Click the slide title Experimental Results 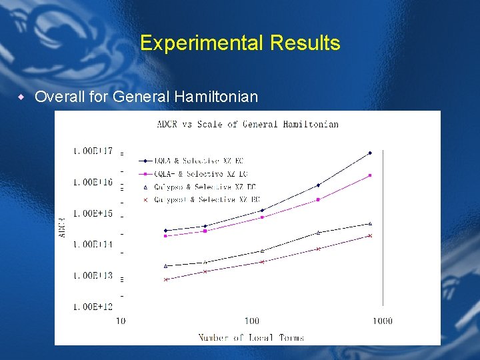(240, 43)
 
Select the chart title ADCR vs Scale (247, 124)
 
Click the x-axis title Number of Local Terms (251, 337)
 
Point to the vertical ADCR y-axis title (63, 227)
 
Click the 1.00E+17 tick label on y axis (93, 151)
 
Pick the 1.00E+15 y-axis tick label (93, 213)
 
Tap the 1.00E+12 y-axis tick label (93, 307)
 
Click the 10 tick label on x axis (121, 321)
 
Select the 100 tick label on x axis (252, 321)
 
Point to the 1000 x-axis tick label (382, 321)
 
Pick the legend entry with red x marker (204, 199)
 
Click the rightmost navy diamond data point (370, 153)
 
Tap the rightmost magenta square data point (370, 175)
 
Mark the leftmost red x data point (166, 279)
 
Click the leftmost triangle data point (166, 265)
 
